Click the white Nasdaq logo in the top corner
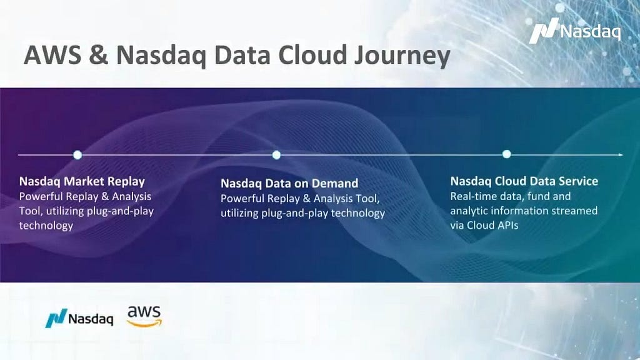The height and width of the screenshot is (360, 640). pos(575,31)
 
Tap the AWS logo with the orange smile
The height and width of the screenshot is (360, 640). pos(144,316)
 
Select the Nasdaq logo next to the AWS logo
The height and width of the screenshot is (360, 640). pos(79,318)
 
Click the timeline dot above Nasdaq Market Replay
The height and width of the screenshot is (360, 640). pos(77,155)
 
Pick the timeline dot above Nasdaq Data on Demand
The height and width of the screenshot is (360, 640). pos(276,155)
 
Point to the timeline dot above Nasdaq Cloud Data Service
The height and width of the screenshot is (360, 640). pos(506,154)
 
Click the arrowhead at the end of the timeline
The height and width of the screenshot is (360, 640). pos(621,155)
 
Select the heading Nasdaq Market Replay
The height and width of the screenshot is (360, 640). pos(82,182)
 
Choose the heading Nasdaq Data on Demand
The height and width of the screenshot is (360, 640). pos(289,183)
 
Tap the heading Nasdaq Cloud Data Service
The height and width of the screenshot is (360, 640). pos(524,181)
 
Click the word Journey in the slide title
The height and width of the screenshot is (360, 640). pos(402,56)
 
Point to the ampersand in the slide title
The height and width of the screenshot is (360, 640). pos(98,55)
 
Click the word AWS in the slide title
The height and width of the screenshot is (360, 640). pos(52,55)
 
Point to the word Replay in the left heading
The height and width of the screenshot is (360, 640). pos(126,182)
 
